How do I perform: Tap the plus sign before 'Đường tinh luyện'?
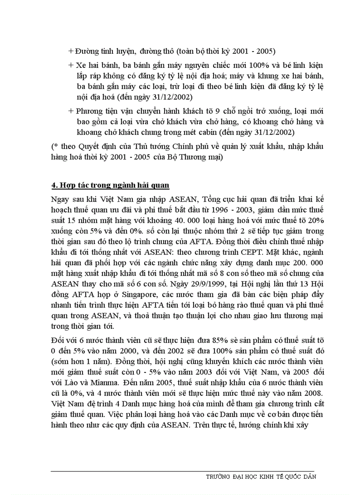[x=71, y=51]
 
